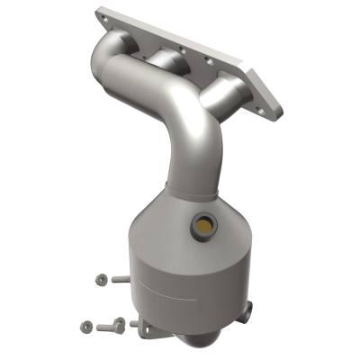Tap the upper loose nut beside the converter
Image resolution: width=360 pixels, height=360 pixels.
click(96, 280)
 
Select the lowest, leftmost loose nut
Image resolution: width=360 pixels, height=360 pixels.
click(85, 325)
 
